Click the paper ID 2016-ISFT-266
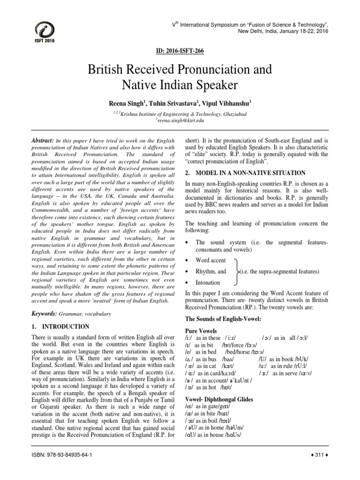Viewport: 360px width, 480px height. tap(180, 50)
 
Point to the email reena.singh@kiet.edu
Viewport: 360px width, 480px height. tap(180, 120)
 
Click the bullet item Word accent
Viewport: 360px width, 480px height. tap(210, 260)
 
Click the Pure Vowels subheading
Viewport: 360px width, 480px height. tap(201, 330)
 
